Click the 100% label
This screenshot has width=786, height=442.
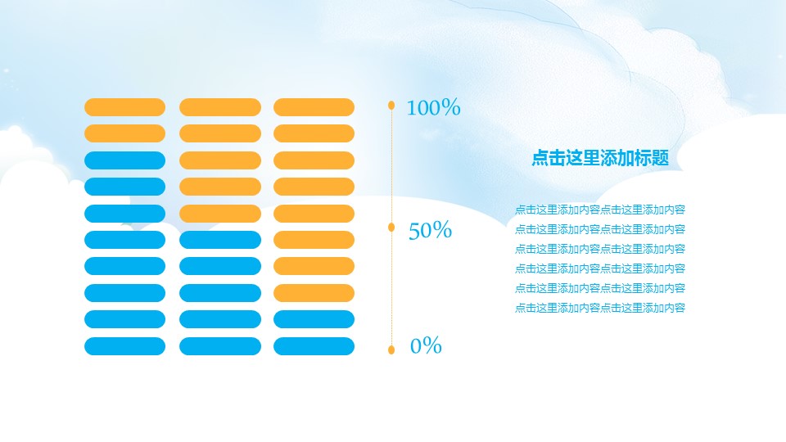(433, 107)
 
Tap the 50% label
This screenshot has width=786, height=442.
(430, 231)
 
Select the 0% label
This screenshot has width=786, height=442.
(426, 346)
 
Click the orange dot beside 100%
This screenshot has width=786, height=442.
(391, 105)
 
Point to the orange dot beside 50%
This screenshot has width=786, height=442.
(391, 227)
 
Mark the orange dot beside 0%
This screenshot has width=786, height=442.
(391, 350)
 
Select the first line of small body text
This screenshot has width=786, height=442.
(600, 210)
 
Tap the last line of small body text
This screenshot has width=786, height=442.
(600, 308)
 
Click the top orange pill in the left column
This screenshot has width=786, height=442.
(124, 107)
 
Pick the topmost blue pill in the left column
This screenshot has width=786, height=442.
(124, 160)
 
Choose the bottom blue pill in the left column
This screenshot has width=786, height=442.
(124, 346)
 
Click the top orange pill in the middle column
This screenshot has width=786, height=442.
(219, 107)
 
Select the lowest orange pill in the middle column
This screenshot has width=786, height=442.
(219, 214)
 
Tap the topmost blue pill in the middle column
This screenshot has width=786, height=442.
(219, 240)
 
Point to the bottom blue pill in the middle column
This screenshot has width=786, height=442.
(219, 346)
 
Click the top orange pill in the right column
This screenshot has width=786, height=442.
(314, 107)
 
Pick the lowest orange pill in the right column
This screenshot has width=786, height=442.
(314, 293)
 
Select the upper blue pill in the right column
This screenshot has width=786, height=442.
(314, 319)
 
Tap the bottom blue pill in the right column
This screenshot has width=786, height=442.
(314, 346)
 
